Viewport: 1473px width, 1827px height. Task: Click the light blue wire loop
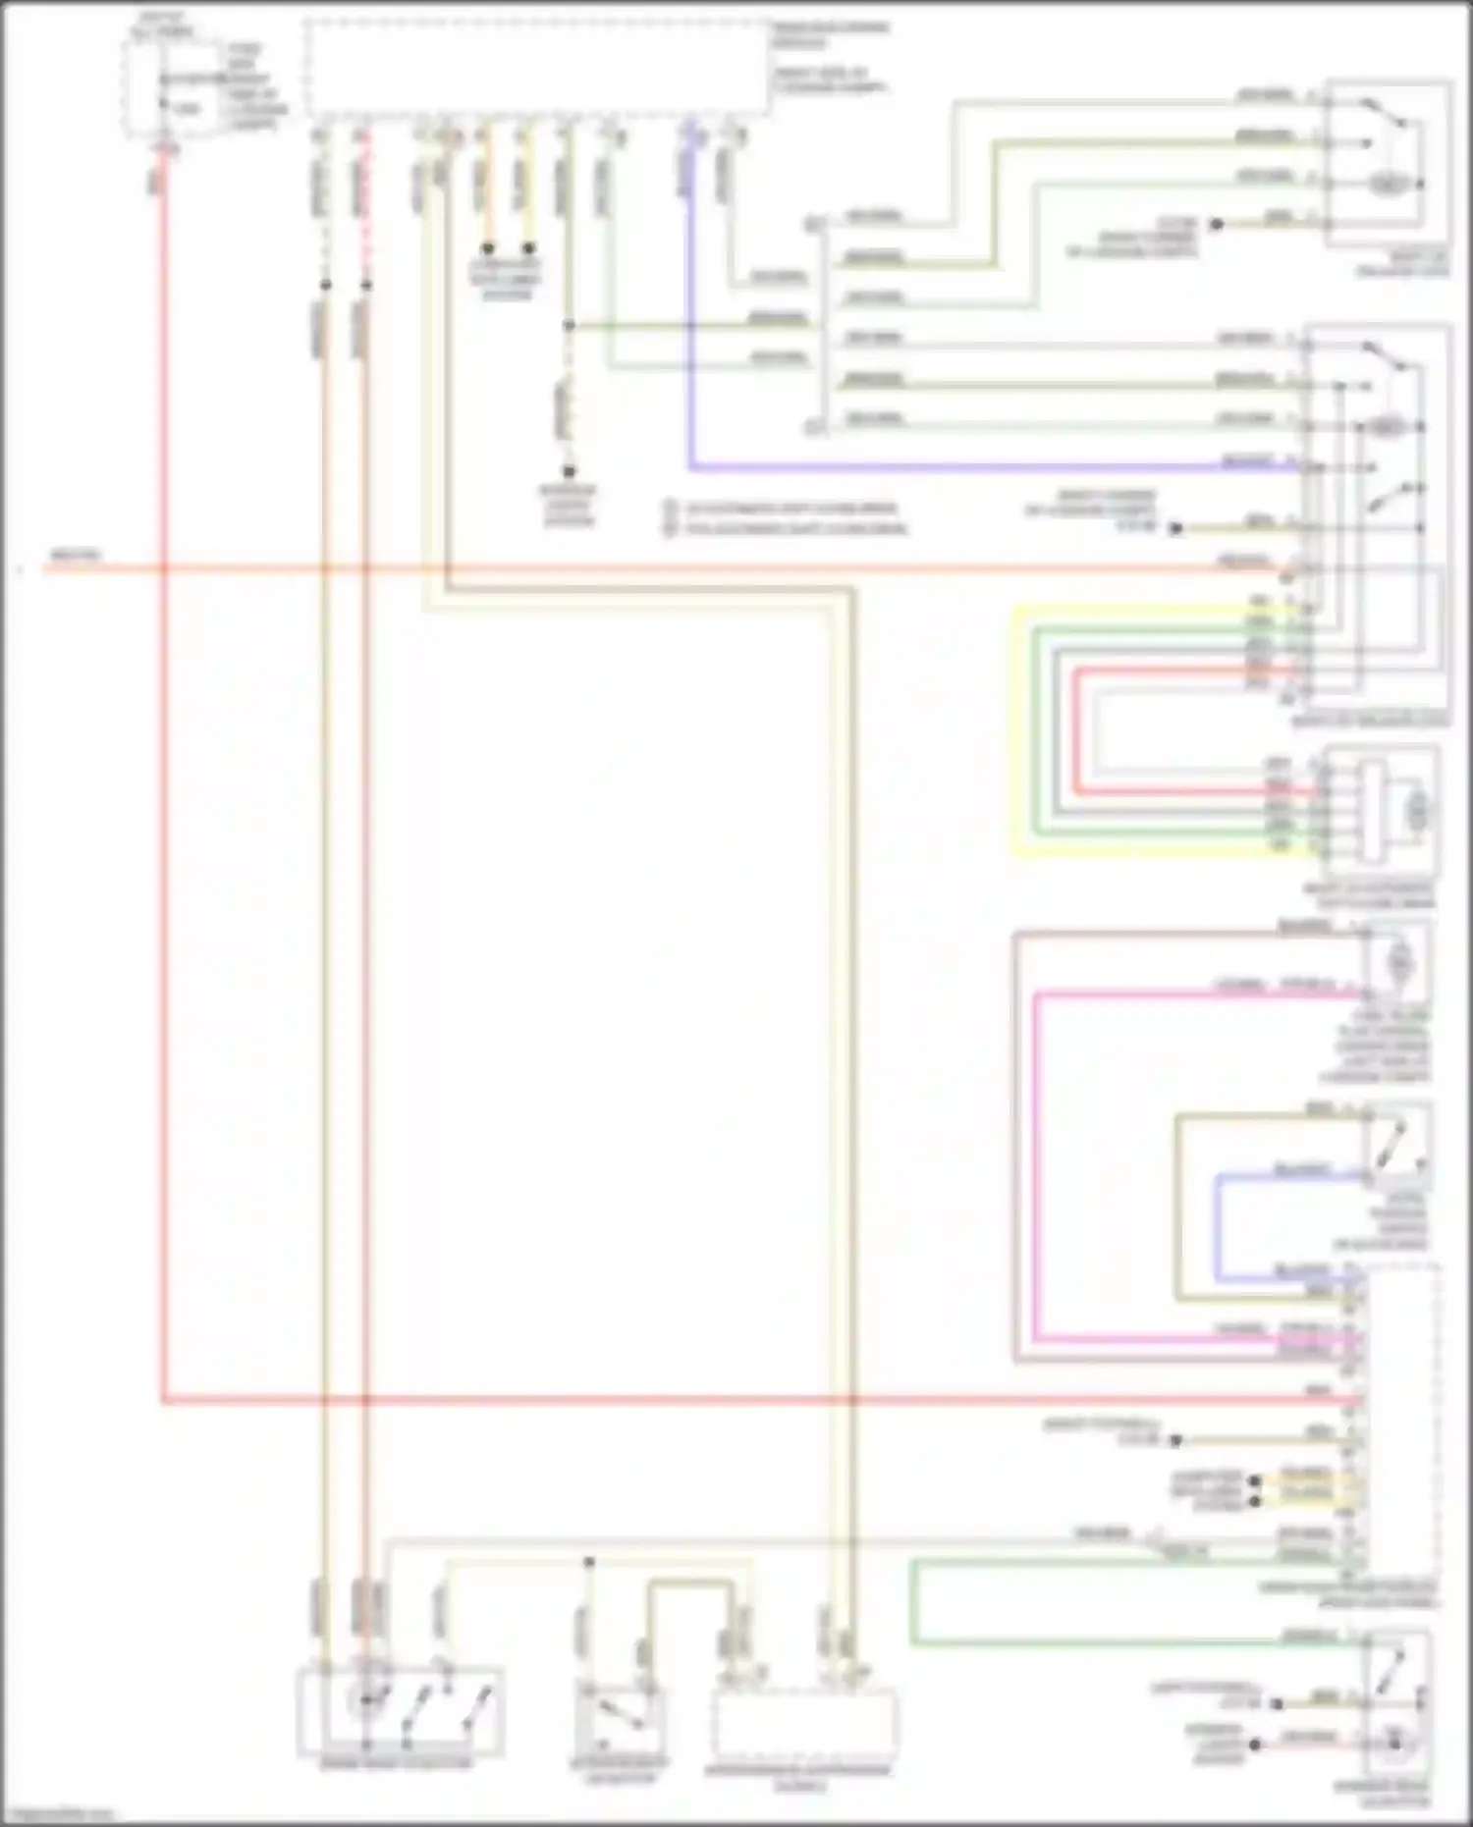[1218, 1227]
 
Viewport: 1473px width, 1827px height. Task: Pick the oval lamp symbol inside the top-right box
[1387, 184]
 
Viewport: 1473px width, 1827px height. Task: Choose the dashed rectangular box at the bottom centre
[804, 1723]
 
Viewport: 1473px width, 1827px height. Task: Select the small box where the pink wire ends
[1397, 963]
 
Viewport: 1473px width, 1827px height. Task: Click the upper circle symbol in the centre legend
[671, 510]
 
